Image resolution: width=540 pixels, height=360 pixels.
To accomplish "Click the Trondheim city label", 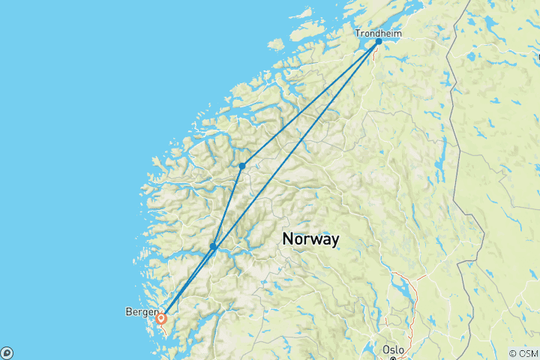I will [x=379, y=33].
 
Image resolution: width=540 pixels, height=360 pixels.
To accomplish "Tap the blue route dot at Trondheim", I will [x=379, y=42].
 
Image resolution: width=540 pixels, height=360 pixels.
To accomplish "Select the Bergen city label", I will [x=142, y=310].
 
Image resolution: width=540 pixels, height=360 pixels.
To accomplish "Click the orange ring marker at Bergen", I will [x=161, y=318].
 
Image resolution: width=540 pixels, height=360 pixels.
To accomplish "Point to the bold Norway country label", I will [x=310, y=238].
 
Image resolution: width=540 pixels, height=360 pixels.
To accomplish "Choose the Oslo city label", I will [x=393, y=349].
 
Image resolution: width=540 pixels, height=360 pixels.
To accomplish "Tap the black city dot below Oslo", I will [x=392, y=358].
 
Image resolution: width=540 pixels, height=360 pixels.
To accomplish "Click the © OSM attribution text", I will [x=523, y=353].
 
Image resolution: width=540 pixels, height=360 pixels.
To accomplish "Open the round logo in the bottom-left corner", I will [x=6, y=353].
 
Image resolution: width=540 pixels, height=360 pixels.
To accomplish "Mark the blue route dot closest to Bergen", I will [x=214, y=246].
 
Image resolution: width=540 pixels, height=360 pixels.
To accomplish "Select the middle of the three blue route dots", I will [x=242, y=166].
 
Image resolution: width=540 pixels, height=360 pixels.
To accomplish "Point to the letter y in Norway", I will [x=334, y=240].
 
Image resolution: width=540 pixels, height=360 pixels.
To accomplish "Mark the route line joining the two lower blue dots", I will [x=228, y=206].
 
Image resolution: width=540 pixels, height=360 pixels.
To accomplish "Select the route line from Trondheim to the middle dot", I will [x=310, y=103].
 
